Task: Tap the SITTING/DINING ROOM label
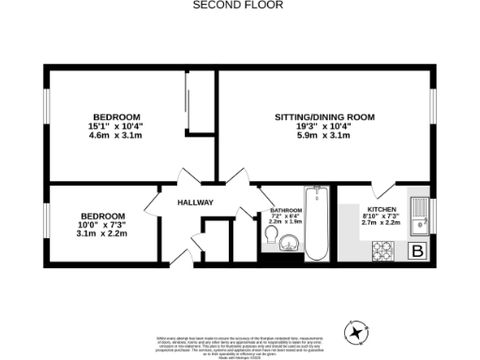pos(324,117)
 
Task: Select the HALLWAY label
pos(196,203)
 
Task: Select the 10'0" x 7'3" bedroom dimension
pos(102,224)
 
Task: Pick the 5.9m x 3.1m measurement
pos(324,136)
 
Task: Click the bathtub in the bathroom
pos(316,225)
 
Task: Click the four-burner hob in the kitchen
pos(384,250)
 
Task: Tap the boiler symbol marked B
pos(418,250)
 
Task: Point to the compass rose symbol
pos(356,331)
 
